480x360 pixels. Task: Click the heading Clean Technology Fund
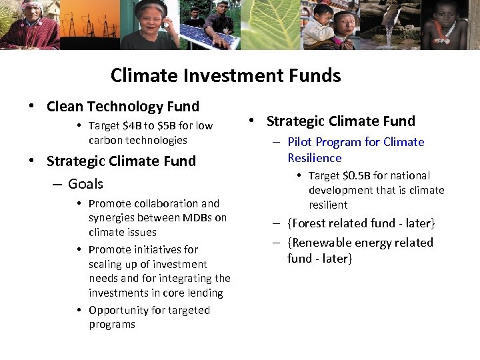click(123, 107)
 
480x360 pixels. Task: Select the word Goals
click(85, 183)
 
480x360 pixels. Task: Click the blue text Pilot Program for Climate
click(355, 142)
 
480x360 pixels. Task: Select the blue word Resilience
click(315, 158)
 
